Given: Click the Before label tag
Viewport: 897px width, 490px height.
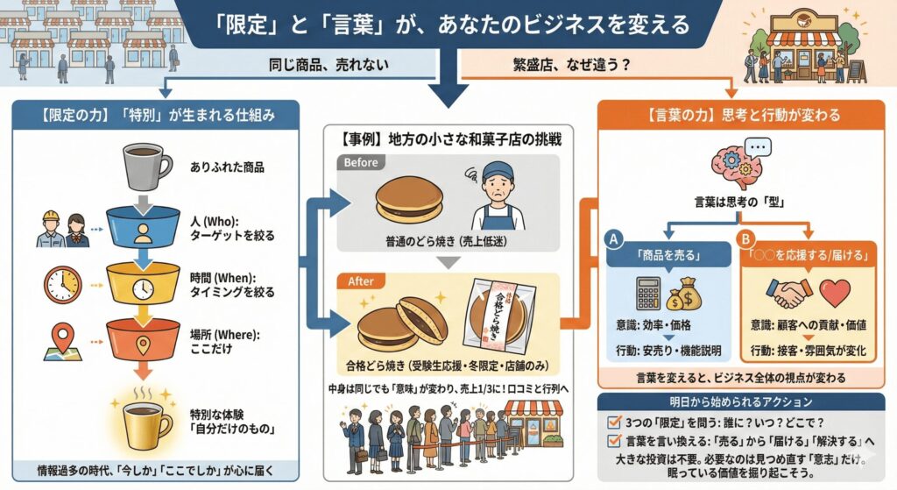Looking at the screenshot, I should point(360,162).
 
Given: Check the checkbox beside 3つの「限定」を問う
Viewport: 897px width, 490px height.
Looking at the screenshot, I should point(615,421).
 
